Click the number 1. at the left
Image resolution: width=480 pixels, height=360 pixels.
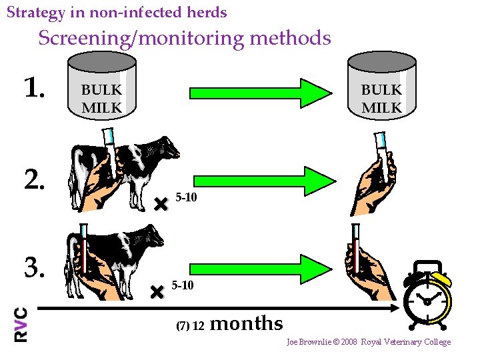[x=34, y=87]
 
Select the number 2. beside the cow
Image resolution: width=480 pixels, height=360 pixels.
[x=35, y=179]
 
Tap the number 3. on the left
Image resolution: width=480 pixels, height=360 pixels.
[x=35, y=267]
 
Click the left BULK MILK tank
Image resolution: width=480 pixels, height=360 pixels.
[x=102, y=87]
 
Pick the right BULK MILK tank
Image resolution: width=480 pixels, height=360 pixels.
[x=381, y=87]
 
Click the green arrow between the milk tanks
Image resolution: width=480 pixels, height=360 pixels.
[x=260, y=93]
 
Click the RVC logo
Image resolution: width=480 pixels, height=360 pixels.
[x=21, y=325]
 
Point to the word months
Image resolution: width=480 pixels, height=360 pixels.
[x=246, y=323]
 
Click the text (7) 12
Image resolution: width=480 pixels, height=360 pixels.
[x=190, y=326]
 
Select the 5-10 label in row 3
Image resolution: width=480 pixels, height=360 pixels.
[x=183, y=285]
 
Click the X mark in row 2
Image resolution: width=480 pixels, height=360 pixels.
[x=160, y=205]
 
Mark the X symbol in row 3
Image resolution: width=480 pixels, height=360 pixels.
[x=157, y=291]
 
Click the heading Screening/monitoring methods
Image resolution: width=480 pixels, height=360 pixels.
[x=184, y=38]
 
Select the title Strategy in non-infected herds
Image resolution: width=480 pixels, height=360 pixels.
[x=117, y=12]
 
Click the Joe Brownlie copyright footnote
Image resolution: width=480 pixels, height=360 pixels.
[x=369, y=342]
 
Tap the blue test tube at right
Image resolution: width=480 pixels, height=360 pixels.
[x=381, y=148]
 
